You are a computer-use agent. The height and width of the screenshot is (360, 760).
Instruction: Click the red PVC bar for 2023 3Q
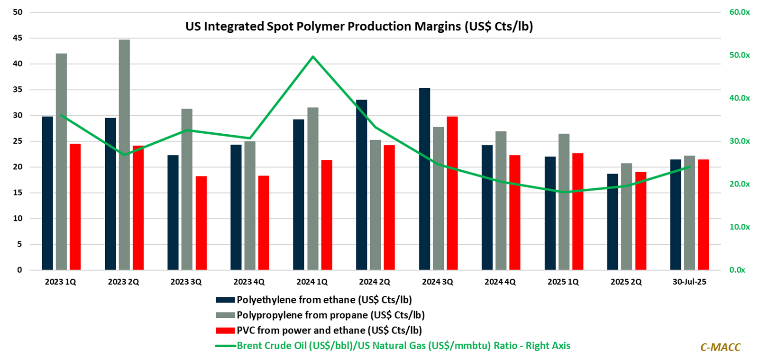(x=201, y=223)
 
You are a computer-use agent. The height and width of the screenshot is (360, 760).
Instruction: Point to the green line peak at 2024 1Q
(x=313, y=56)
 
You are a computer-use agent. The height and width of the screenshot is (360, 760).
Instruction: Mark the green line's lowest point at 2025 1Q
(x=564, y=192)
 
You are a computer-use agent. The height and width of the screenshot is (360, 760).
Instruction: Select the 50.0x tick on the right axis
(x=739, y=55)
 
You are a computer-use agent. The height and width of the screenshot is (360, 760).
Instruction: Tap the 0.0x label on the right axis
(x=737, y=270)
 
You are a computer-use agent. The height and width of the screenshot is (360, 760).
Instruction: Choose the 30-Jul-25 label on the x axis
(x=689, y=282)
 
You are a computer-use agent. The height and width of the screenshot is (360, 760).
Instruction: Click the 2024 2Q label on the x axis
(x=375, y=282)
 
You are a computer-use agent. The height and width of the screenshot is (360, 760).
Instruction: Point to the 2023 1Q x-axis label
(x=61, y=282)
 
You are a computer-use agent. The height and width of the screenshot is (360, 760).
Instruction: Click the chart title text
(x=359, y=26)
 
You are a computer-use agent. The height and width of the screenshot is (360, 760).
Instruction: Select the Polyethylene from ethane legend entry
(x=324, y=300)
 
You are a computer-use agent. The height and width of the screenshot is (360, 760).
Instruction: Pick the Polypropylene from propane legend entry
(x=330, y=315)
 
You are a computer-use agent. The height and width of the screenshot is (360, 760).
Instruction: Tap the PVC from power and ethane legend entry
(x=329, y=330)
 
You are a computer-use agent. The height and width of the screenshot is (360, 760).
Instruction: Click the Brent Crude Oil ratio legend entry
(x=403, y=346)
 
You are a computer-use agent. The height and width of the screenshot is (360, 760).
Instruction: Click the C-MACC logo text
(x=720, y=347)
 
